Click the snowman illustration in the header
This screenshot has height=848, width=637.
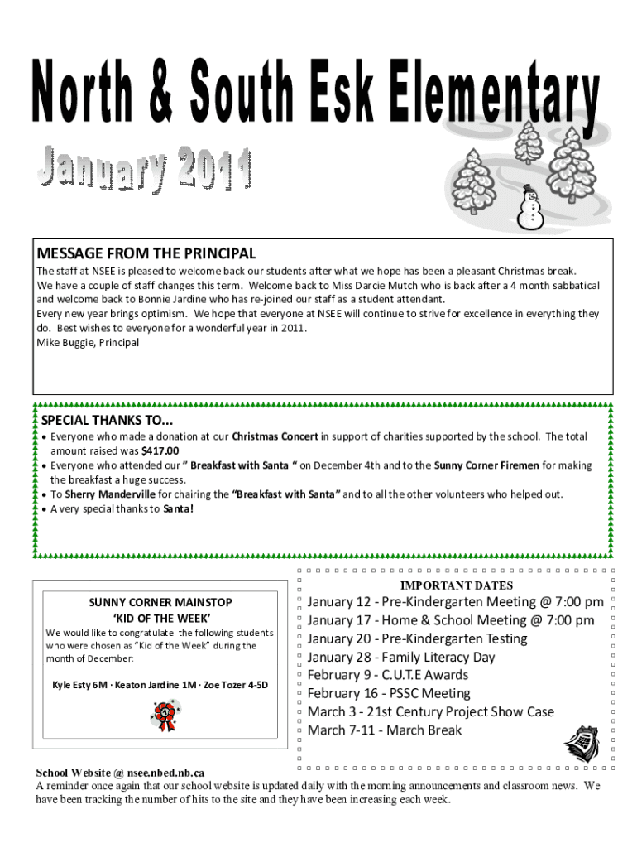pyautogui.click(x=529, y=207)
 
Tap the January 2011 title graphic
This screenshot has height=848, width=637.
pyautogui.click(x=142, y=167)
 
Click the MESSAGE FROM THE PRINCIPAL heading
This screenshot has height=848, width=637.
pyautogui.click(x=146, y=253)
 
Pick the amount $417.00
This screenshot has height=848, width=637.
pyautogui.click(x=160, y=450)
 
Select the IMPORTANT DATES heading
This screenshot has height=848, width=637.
pyautogui.click(x=457, y=585)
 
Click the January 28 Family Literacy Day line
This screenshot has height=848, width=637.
pyautogui.click(x=401, y=657)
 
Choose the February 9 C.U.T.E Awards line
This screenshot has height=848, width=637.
pyautogui.click(x=388, y=675)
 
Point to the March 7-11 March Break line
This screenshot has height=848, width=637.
pyautogui.click(x=385, y=730)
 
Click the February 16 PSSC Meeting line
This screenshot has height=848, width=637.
pyautogui.click(x=389, y=693)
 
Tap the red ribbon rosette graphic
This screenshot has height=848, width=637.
pyautogui.click(x=164, y=714)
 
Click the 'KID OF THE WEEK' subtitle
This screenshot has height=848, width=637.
pyautogui.click(x=161, y=618)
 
